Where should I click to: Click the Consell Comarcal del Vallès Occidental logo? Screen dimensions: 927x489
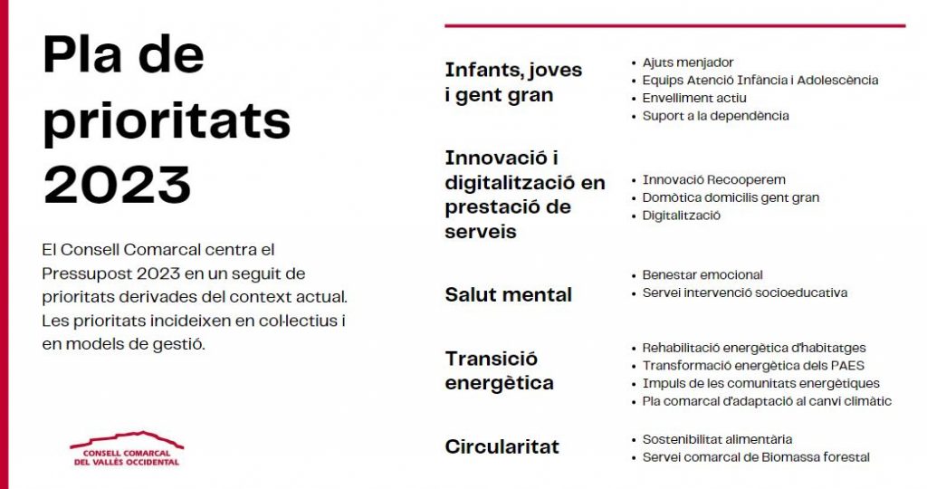click(x=127, y=449)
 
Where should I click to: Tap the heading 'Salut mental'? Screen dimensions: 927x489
click(x=509, y=294)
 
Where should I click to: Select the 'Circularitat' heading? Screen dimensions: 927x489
click(x=502, y=446)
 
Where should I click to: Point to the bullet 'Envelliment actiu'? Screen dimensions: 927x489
click(x=694, y=98)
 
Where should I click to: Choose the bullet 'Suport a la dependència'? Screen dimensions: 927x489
click(x=716, y=116)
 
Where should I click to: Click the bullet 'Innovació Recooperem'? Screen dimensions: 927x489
click(x=714, y=180)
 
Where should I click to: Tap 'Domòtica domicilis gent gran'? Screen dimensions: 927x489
click(x=731, y=197)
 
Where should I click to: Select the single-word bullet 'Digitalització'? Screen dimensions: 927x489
click(x=682, y=216)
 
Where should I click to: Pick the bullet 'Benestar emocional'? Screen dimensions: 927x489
click(x=702, y=275)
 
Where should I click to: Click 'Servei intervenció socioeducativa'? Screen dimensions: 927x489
click(x=745, y=292)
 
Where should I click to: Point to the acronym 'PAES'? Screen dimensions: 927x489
click(x=847, y=366)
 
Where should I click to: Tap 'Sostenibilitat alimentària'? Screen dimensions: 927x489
click(x=717, y=439)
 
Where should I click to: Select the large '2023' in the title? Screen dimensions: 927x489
click(x=117, y=185)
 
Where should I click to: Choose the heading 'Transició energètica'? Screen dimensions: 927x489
click(x=500, y=370)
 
